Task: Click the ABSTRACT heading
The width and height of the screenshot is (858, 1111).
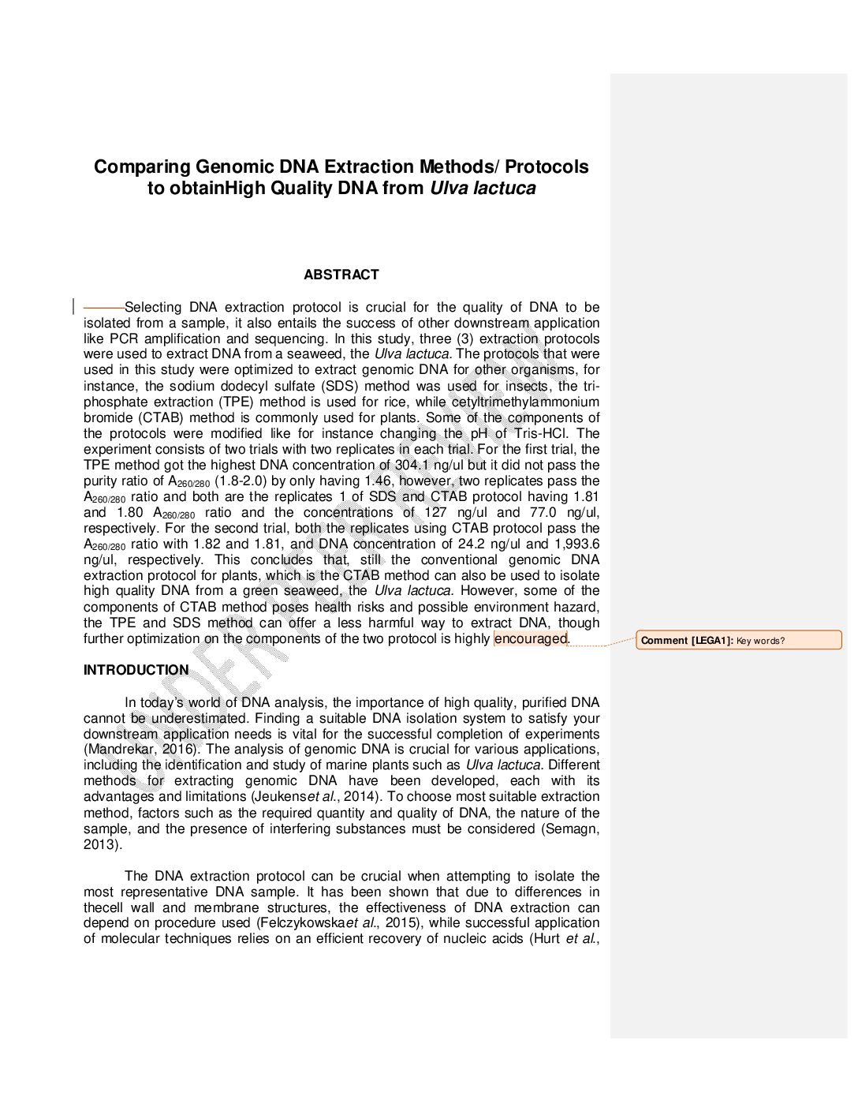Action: [341, 275]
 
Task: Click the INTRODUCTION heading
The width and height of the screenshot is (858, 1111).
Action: [136, 670]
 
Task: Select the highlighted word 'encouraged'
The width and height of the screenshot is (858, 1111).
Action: [530, 638]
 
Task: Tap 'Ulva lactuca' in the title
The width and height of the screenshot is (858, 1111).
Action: [483, 189]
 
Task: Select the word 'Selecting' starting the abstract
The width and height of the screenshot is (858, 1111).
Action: [153, 307]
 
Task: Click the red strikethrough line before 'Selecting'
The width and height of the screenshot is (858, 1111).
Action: [103, 307]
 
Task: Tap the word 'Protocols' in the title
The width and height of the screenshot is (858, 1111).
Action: [547, 167]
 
